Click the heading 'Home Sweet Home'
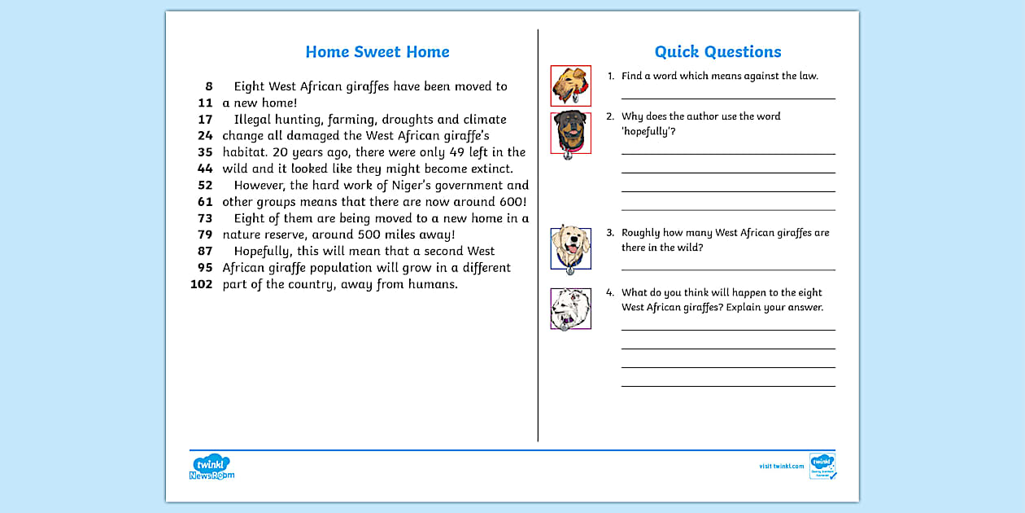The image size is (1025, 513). click(x=377, y=52)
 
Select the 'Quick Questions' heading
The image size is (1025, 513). click(x=717, y=52)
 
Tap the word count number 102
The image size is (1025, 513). click(x=201, y=284)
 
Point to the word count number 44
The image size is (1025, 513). click(x=205, y=169)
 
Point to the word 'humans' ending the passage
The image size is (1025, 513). click(x=434, y=284)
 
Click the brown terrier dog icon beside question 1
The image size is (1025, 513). click(x=570, y=85)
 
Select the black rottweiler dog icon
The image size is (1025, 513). click(x=570, y=133)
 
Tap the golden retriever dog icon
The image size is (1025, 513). click(x=570, y=248)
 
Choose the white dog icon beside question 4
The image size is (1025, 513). click(x=570, y=309)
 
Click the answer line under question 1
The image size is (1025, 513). click(x=728, y=98)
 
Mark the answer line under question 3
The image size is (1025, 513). click(x=728, y=269)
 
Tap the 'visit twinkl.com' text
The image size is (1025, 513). click(x=781, y=467)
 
